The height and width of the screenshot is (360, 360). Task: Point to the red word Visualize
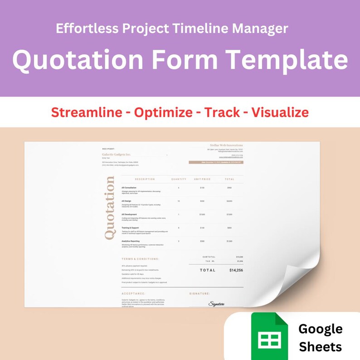tap(280, 112)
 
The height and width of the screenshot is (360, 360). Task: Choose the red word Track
tap(222, 112)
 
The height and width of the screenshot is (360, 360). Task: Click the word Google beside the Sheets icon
tap(321, 328)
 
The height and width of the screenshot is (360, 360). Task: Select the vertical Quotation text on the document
tap(109, 208)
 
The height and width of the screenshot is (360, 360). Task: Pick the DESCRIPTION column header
tap(145, 179)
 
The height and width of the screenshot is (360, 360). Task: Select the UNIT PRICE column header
tap(202, 179)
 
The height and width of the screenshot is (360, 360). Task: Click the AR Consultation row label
tap(130, 187)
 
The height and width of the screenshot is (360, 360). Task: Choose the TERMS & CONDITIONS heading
tap(140, 259)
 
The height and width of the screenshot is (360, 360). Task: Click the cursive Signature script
tap(218, 303)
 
